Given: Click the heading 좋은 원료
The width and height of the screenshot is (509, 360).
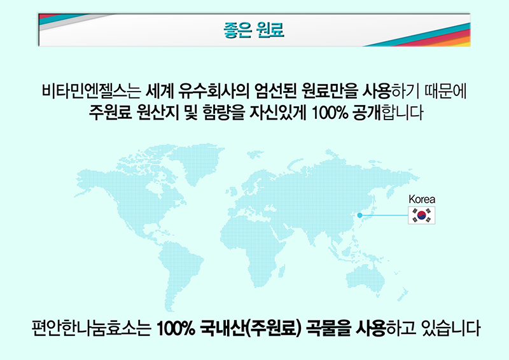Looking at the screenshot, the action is [253, 30].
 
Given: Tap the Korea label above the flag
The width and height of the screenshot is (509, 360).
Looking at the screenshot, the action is [422, 199].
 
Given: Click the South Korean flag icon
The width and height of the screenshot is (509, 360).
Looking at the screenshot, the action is [421, 215].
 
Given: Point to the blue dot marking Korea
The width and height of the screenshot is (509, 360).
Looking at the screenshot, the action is [359, 215].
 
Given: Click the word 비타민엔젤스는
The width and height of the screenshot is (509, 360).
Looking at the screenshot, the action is [91, 91].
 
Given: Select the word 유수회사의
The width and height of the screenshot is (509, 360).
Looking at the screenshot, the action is [214, 91].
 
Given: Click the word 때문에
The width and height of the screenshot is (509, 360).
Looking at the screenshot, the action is [446, 91].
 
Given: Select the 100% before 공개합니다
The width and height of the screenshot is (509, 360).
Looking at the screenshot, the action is [330, 113].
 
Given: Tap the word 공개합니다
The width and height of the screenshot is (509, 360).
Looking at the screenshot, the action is [387, 113].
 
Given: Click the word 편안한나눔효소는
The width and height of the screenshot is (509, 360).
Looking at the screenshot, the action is [92, 328].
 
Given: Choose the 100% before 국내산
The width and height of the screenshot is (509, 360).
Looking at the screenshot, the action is [176, 328].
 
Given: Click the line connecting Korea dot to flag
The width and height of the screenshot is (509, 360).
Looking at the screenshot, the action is [385, 215].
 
